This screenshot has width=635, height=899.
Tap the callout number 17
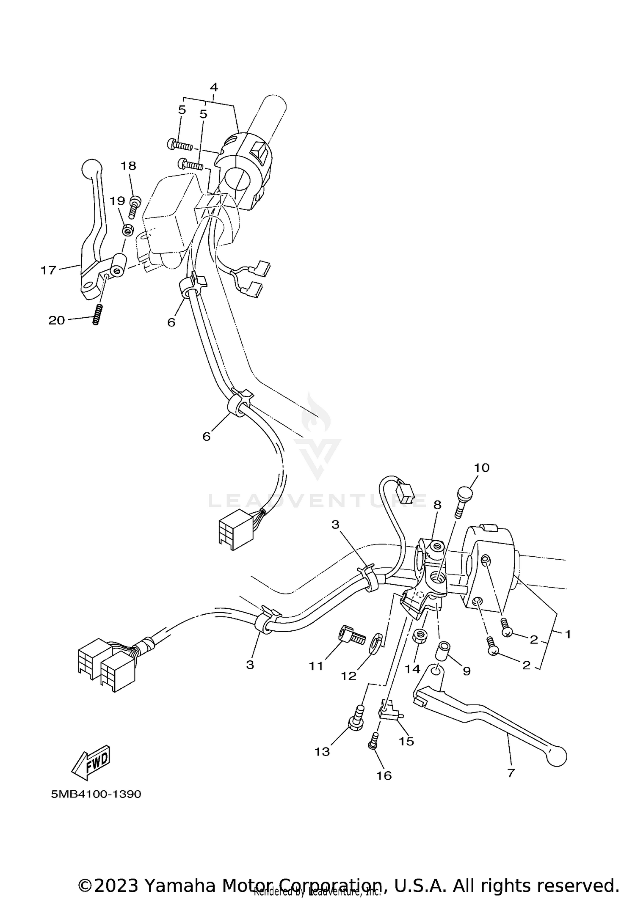pos(48,270)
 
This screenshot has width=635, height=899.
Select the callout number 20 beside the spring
pos(57,320)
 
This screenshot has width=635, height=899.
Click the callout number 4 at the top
pos(214,88)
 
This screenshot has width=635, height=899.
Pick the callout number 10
pos(481,467)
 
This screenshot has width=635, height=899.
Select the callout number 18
pos(129,166)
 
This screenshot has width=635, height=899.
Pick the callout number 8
pos(437,505)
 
